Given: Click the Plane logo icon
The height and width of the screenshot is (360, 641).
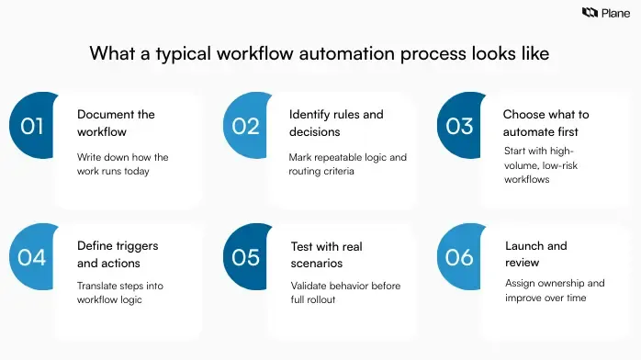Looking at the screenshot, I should click(590, 13).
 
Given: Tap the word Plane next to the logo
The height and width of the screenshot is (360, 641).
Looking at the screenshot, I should click(615, 13).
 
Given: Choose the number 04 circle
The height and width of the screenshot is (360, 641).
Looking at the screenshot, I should click(32, 257).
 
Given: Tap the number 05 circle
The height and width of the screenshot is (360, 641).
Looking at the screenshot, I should click(246, 257).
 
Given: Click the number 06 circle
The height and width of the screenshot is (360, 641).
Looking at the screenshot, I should click(459, 257).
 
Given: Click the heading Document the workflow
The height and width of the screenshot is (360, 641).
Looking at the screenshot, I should click(116, 123).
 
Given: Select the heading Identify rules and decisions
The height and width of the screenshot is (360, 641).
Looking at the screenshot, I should click(336, 123).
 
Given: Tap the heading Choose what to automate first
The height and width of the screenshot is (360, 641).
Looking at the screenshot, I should click(545, 123).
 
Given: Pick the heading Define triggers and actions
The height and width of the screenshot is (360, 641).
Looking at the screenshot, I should click(118, 254).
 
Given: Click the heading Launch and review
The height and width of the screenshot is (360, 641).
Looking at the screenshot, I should click(536, 254).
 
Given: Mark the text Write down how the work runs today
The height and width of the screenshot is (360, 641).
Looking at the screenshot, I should click(122, 165).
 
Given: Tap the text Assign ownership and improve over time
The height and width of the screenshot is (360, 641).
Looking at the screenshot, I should click(555, 291).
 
